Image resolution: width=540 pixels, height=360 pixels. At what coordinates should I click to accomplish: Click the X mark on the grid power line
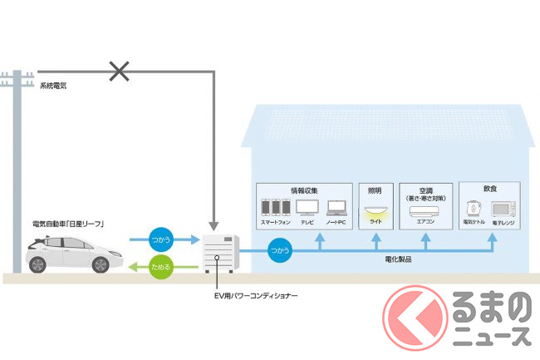click(120, 72)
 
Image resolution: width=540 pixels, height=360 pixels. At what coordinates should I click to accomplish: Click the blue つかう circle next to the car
click(160, 239)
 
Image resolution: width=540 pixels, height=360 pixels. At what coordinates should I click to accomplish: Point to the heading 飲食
click(490, 189)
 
